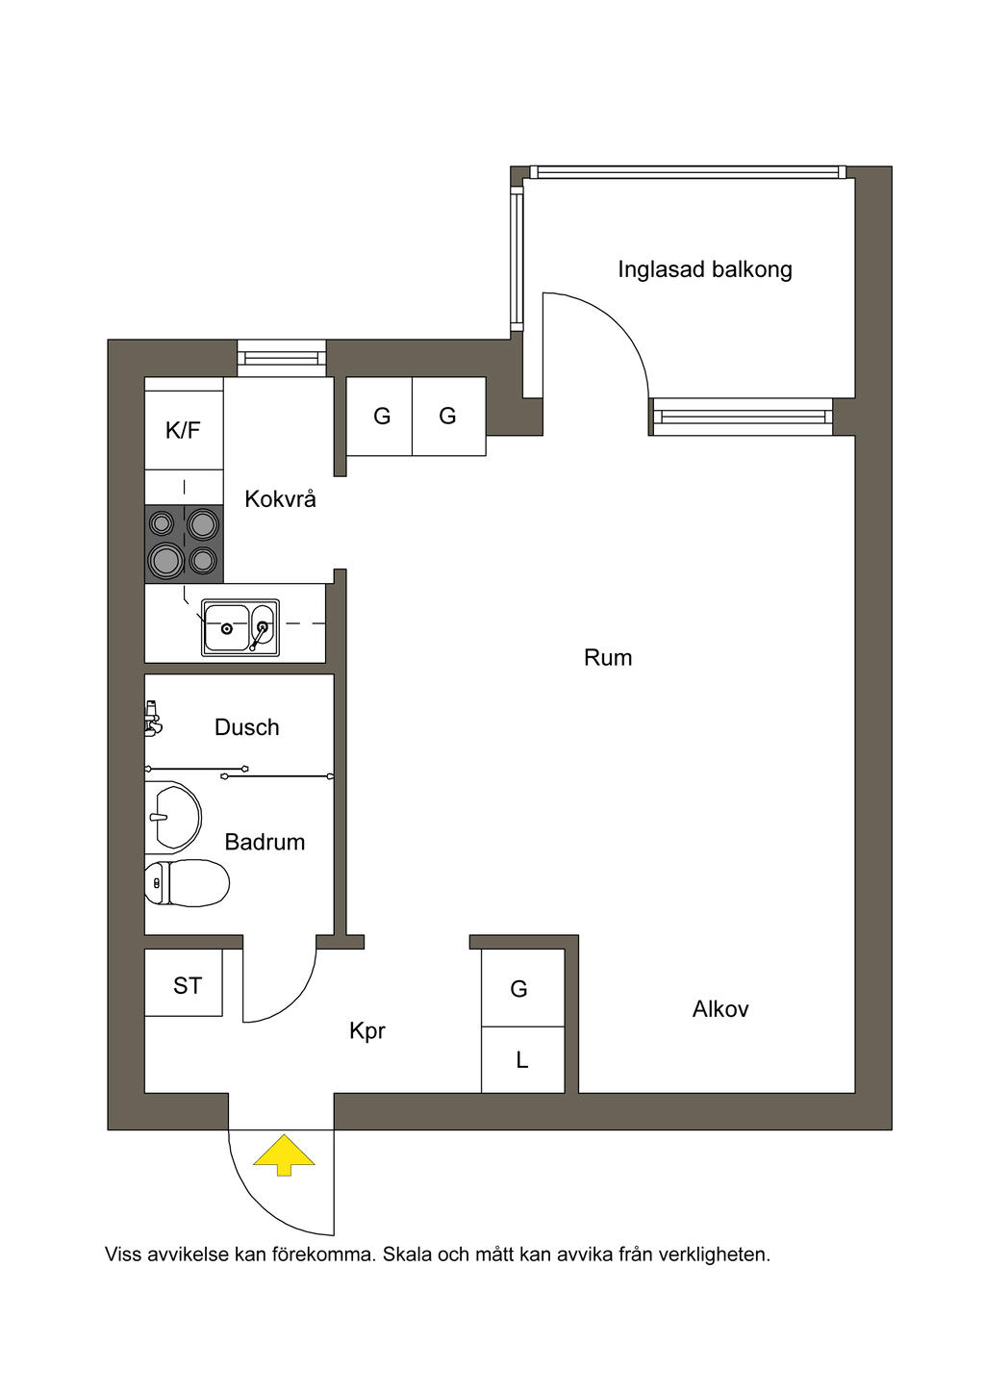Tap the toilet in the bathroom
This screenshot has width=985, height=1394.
tap(187, 882)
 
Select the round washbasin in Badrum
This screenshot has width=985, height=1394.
tap(173, 817)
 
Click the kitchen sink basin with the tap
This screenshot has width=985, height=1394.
tap(240, 627)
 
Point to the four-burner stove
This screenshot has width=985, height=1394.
tap(184, 544)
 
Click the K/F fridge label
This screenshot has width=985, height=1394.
tap(183, 430)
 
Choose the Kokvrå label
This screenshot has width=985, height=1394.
tap(280, 498)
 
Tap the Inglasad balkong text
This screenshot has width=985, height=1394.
tap(704, 269)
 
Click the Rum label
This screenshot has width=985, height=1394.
tap(607, 658)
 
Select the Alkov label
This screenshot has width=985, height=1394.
tap(720, 1009)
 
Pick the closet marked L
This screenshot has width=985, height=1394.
tap(522, 1060)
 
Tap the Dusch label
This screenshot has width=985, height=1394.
tap(246, 727)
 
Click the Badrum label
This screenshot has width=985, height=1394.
tap(265, 842)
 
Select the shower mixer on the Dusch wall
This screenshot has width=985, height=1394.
tap(152, 717)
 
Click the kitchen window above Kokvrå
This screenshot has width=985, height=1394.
tap(282, 358)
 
